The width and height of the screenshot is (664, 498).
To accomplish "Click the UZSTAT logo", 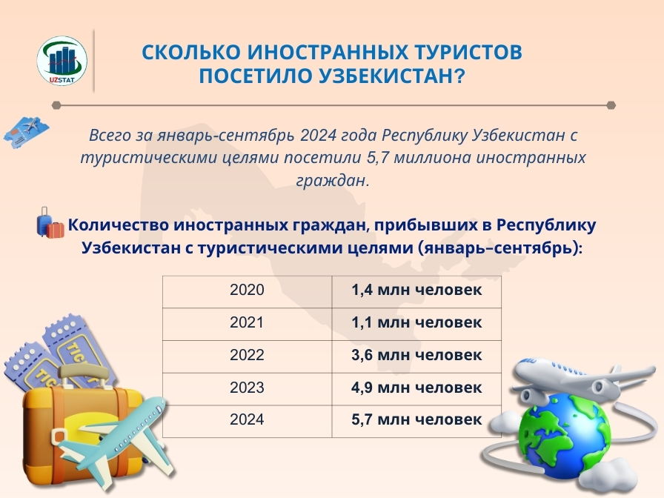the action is click(x=62, y=61).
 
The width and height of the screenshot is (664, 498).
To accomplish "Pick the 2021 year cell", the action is click(x=248, y=324).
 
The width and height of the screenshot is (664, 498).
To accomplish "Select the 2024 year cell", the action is click(x=248, y=421).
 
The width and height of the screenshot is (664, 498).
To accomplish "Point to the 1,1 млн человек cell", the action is click(x=416, y=324).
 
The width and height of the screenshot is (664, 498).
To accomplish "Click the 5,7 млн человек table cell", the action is click(x=416, y=421).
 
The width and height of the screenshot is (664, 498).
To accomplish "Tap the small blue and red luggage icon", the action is click(x=50, y=223).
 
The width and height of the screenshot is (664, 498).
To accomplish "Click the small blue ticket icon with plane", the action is click(x=26, y=132).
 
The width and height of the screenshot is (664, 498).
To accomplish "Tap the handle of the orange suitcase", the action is click(x=84, y=374).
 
